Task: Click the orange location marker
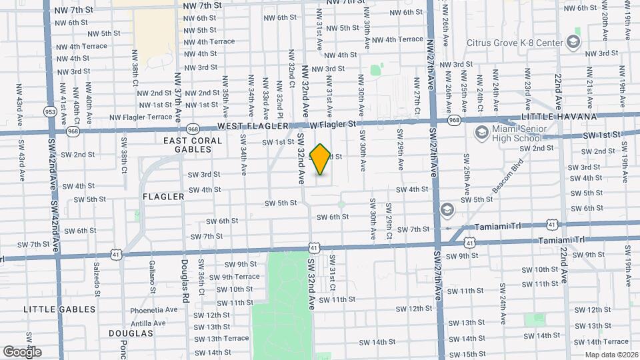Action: [320, 159]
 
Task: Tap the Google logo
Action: [22, 352]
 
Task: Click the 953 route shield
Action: [49, 111]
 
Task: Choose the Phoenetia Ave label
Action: [154, 309]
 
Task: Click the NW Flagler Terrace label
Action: [141, 117]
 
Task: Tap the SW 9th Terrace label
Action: [233, 277]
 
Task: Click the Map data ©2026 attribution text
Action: [611, 355]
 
